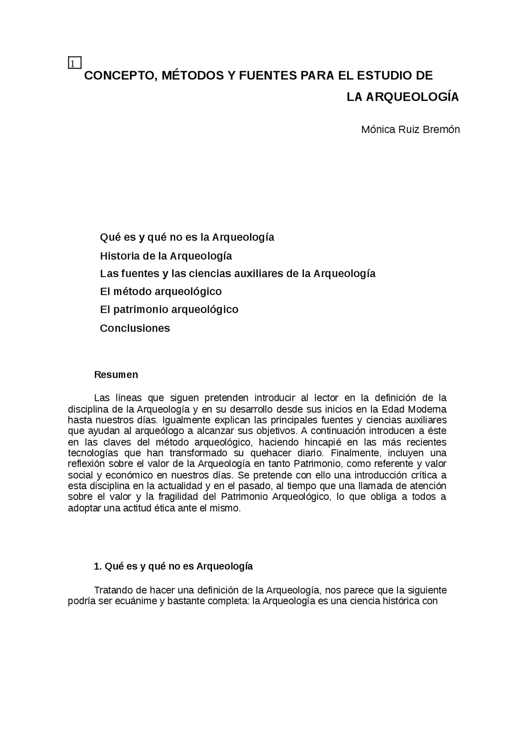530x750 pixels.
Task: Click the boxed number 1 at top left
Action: pos(74,63)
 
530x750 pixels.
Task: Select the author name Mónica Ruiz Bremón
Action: pos(410,129)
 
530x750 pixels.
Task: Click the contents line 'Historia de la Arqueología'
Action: pos(166,256)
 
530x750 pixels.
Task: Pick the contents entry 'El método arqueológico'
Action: pos(161,292)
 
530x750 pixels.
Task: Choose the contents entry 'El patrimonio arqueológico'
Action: pos(169,309)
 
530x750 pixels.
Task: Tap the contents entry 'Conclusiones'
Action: pos(135,328)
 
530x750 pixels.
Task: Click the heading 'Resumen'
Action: pos(116,375)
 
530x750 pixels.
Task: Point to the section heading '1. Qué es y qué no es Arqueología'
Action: pos(173,566)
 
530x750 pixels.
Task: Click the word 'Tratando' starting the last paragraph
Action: pos(112,590)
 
